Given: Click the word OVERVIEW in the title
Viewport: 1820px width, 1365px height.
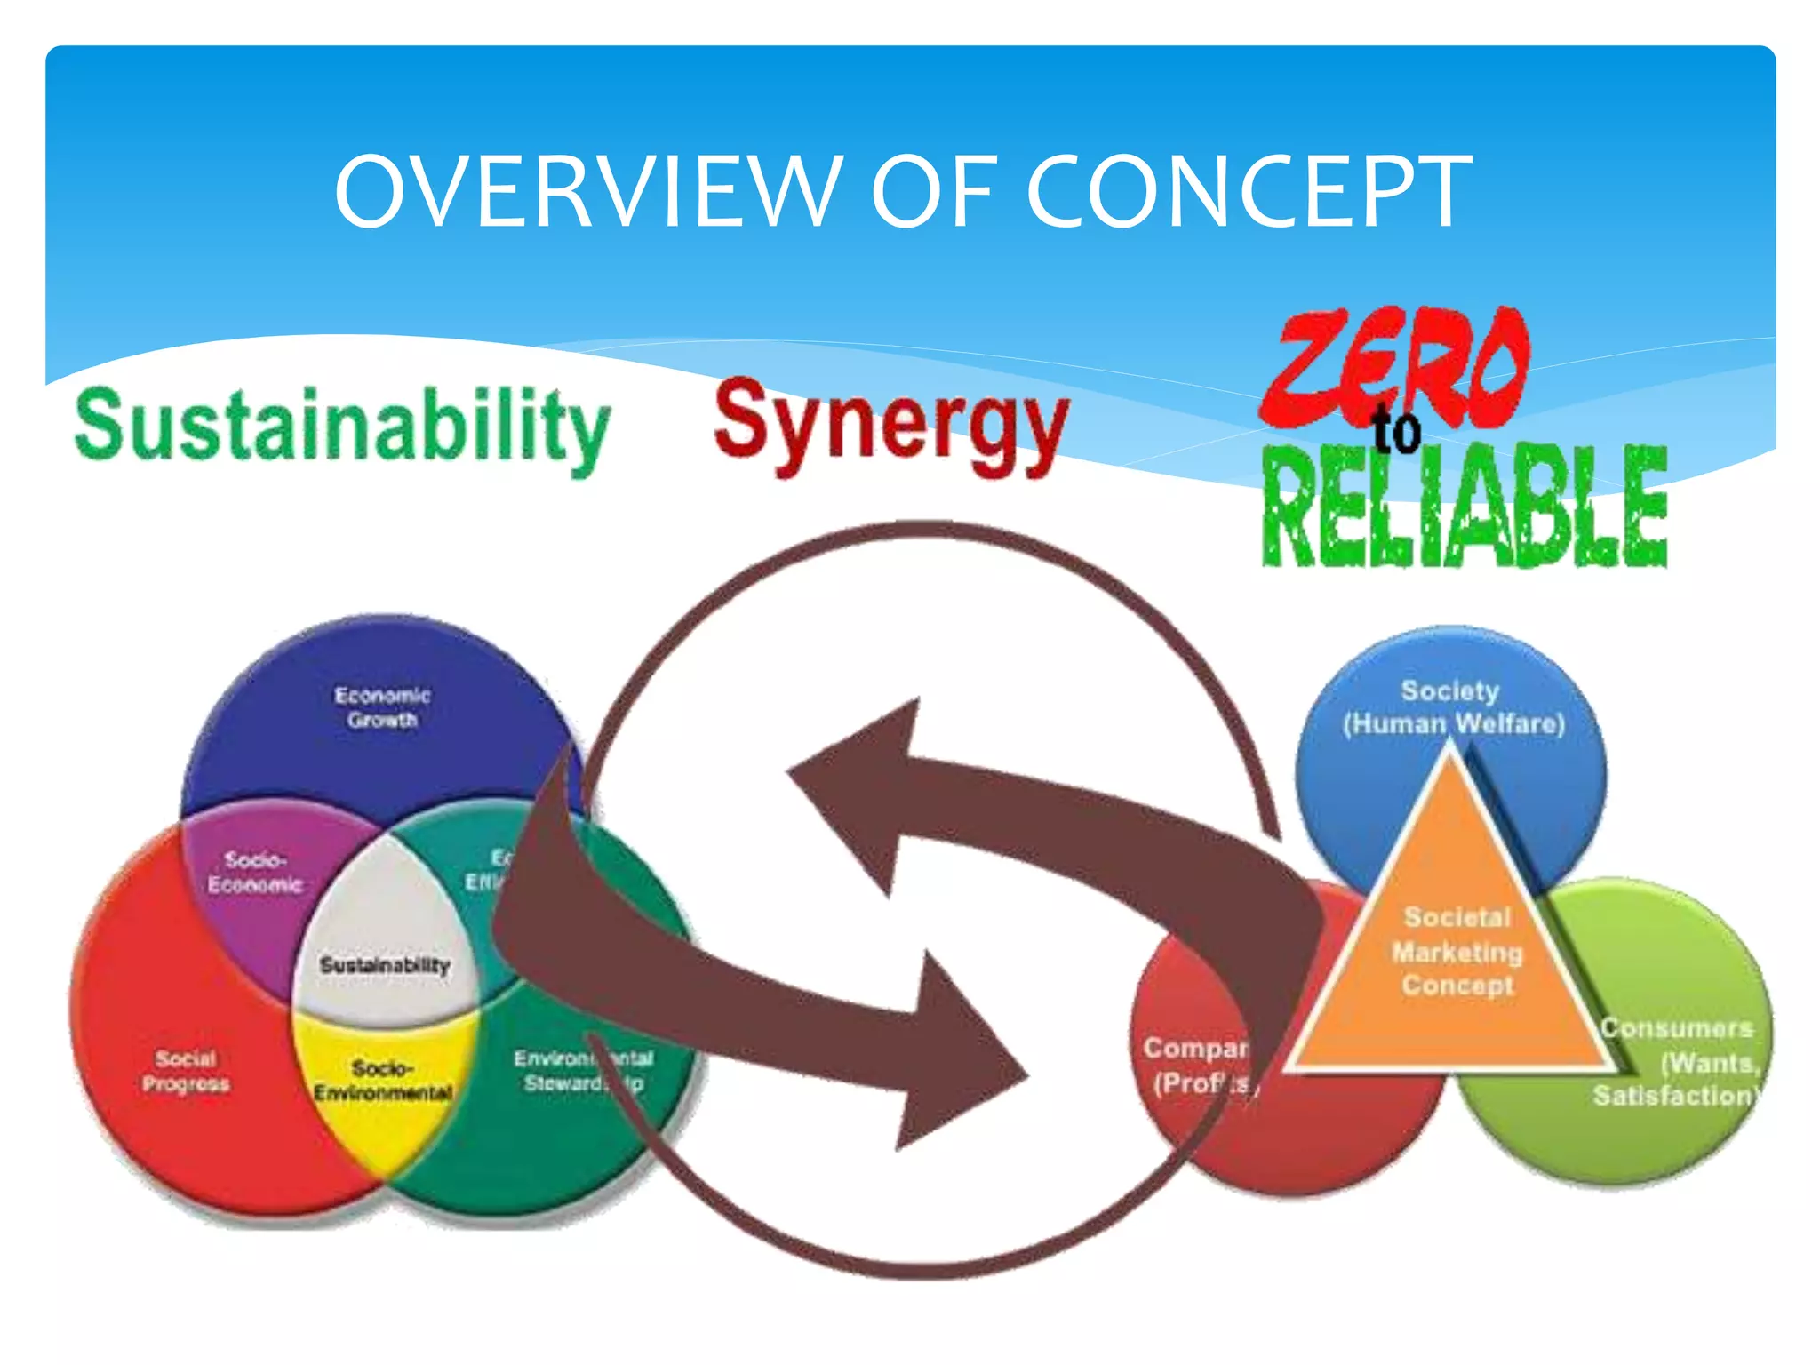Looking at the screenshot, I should coord(587,191).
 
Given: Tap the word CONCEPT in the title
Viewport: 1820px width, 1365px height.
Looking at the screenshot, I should coord(1249,191).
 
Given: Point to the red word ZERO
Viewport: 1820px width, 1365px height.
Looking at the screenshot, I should coord(1395,364).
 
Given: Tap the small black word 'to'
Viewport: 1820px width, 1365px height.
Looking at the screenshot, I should coord(1397,431).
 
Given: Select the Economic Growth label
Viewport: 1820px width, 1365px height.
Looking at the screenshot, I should coord(382,707).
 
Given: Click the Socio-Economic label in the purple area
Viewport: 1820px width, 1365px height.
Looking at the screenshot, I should coord(255,872).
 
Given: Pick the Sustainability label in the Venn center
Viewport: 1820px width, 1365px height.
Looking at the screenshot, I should coord(385,965).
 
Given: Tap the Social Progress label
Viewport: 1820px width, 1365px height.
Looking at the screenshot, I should coord(186,1071).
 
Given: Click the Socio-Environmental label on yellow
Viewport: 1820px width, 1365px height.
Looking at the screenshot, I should coord(383,1080).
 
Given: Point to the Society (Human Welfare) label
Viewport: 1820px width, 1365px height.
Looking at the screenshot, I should coord(1452,707).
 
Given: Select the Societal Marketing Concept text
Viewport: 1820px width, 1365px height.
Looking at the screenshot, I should coord(1457,952).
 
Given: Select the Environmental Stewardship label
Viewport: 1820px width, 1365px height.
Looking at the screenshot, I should coord(582,1071).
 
